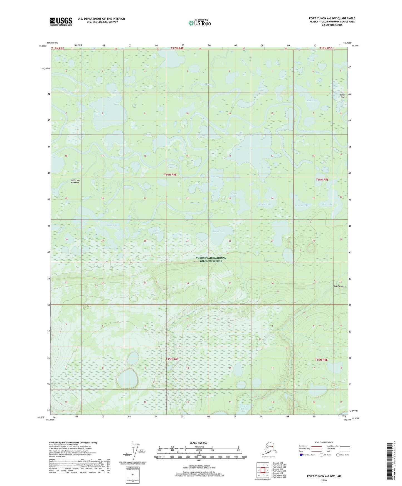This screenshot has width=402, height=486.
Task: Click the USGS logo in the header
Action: pos(61,21)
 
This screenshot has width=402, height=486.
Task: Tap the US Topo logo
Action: pos(199,23)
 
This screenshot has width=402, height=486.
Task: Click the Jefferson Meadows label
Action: pos(75,181)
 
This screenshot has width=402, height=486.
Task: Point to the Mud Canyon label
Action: pos(339,286)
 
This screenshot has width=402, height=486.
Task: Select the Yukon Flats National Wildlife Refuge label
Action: pos(211,259)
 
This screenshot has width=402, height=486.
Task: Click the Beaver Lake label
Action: pos(218,231)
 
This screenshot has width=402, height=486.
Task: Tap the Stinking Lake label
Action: pos(302,205)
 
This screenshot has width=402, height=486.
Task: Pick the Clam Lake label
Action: pos(327,204)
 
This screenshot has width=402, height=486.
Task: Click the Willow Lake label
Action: pos(265,205)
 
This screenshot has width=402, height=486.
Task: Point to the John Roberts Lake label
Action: pos(244,409)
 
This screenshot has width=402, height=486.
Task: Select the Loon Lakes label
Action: pos(261,89)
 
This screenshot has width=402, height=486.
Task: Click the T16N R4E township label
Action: pos(170,175)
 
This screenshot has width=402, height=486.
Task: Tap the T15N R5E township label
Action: pos(321,360)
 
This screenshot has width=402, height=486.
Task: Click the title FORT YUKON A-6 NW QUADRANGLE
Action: pos(332,18)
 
